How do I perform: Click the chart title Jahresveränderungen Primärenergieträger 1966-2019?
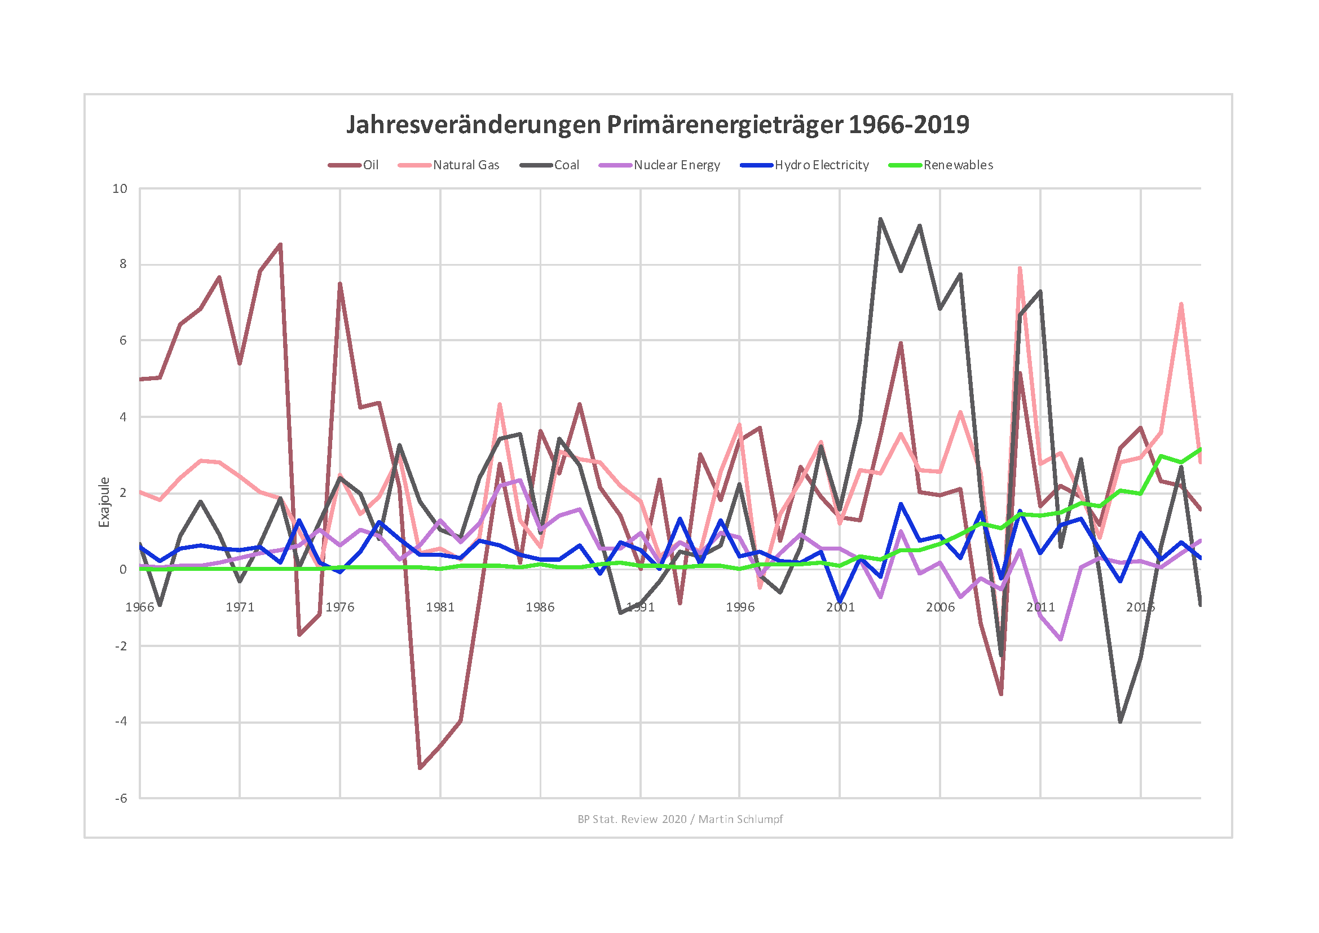658,125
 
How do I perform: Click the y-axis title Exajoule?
104,502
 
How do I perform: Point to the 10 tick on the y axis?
120,189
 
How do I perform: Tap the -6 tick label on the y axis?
121,799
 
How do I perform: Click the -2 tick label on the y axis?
121,646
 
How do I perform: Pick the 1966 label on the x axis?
140,608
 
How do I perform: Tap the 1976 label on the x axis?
340,608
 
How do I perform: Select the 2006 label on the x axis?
941,608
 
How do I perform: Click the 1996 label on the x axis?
740,608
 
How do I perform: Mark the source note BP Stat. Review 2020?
680,819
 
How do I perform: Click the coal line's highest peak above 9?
880,219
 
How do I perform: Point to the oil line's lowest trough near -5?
420,768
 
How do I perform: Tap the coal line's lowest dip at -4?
1121,721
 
